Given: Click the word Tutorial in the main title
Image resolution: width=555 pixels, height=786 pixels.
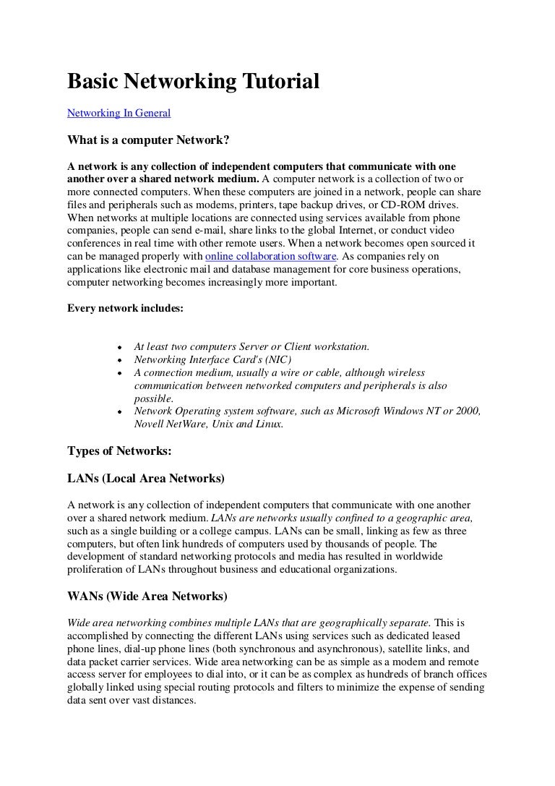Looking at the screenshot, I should [x=277, y=82].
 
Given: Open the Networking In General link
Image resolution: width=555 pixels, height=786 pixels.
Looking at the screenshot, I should [x=119, y=113].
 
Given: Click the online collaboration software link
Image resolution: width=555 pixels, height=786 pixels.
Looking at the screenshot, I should [x=271, y=256].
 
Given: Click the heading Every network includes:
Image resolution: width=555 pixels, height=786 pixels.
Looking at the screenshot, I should [x=126, y=307].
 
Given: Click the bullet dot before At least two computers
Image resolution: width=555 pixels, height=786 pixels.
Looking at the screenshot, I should [x=119, y=347].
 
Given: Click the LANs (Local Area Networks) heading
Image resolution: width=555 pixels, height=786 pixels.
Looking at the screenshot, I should [x=146, y=479].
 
